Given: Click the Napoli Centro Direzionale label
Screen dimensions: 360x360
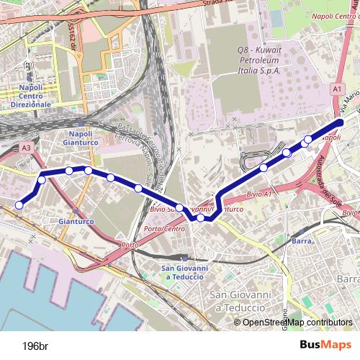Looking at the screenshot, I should [x=28, y=95].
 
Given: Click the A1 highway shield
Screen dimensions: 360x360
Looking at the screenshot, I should [x=336, y=88].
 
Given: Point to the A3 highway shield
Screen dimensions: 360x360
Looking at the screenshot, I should [x=27, y=148].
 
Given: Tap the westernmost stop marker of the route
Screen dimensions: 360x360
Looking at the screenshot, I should [x=19, y=205].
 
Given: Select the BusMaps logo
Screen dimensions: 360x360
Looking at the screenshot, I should [x=322, y=345].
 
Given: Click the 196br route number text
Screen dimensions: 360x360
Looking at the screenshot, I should [x=35, y=345].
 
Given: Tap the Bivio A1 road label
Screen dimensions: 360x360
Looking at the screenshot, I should [x=258, y=194].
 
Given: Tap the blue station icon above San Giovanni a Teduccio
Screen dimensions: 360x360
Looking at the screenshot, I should [x=185, y=258].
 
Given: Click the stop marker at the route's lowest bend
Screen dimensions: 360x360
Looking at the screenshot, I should [x=201, y=218].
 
